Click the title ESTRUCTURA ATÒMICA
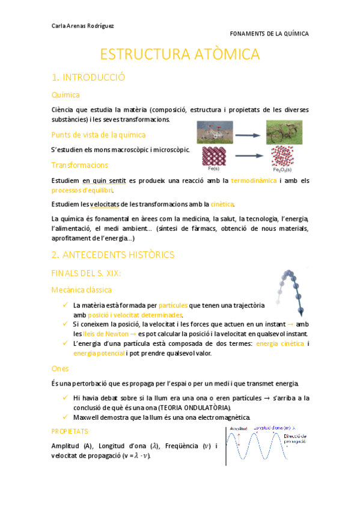(180, 54)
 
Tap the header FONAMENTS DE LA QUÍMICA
(269, 34)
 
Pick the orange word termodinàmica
(254, 180)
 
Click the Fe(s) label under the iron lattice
(213, 169)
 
